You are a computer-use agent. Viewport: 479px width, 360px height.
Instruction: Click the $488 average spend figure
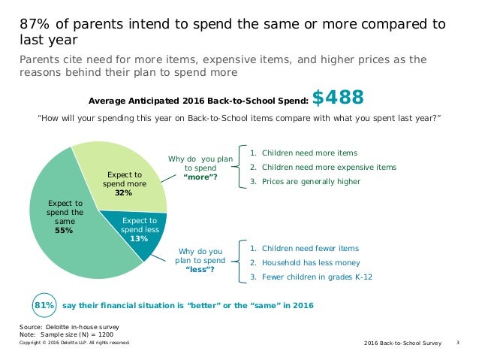(338, 98)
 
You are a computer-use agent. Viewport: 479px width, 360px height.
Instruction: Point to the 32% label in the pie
(123, 193)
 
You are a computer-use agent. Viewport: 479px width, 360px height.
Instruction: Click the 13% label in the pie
(139, 238)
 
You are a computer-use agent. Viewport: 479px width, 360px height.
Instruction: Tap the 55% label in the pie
(65, 231)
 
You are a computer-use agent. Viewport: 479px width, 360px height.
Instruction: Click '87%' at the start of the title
(35, 24)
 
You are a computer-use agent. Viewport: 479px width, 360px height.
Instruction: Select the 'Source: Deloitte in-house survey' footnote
(69, 327)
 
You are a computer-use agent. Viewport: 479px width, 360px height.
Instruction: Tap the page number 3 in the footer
(458, 343)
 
